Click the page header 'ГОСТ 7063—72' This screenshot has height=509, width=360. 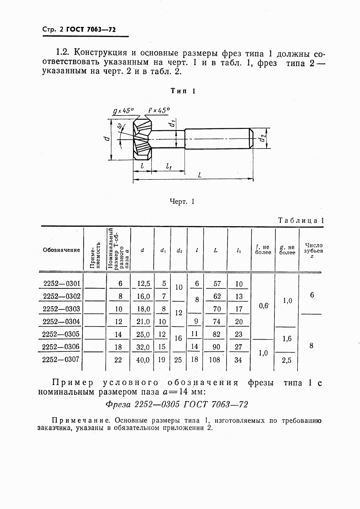coord(91,29)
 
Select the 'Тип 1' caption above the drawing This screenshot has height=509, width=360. coord(183,91)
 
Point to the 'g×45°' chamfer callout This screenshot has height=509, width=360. coord(123,111)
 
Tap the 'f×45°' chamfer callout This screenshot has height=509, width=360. coord(159,110)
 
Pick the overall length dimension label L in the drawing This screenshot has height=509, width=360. coord(200,175)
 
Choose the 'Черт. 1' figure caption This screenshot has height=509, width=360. coord(182,202)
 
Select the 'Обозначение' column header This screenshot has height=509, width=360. coord(62,250)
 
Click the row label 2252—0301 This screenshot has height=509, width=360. coord(62,284)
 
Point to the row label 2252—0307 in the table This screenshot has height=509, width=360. coord(61,360)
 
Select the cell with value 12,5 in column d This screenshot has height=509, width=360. coord(143,284)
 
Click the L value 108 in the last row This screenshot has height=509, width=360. coord(215,360)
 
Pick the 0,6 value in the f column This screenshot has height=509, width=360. coord(264,306)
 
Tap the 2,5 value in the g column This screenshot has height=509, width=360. coord(286,361)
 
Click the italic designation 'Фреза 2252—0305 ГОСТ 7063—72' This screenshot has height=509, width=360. coord(177,404)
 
